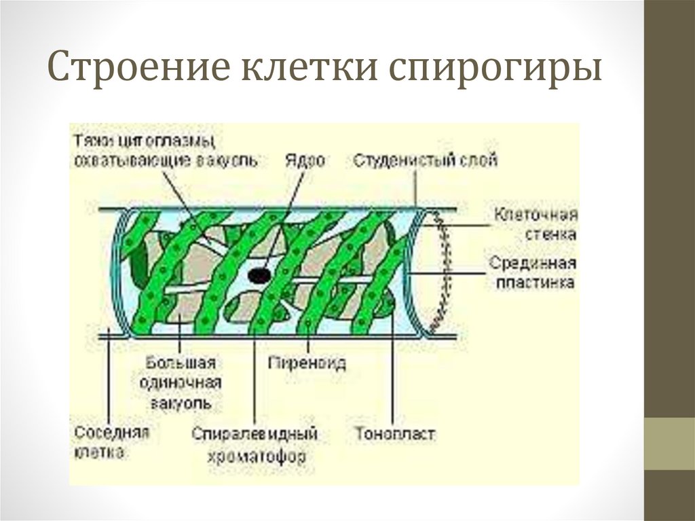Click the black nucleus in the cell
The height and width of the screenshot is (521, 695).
coord(259,274)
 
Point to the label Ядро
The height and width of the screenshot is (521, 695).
coord(304,160)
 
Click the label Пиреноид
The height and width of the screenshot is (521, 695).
coord(307,363)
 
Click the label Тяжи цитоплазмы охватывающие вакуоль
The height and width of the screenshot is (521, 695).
coord(165,150)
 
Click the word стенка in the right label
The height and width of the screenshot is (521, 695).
coord(552,234)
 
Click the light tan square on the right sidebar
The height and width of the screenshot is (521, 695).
coord(669,443)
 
